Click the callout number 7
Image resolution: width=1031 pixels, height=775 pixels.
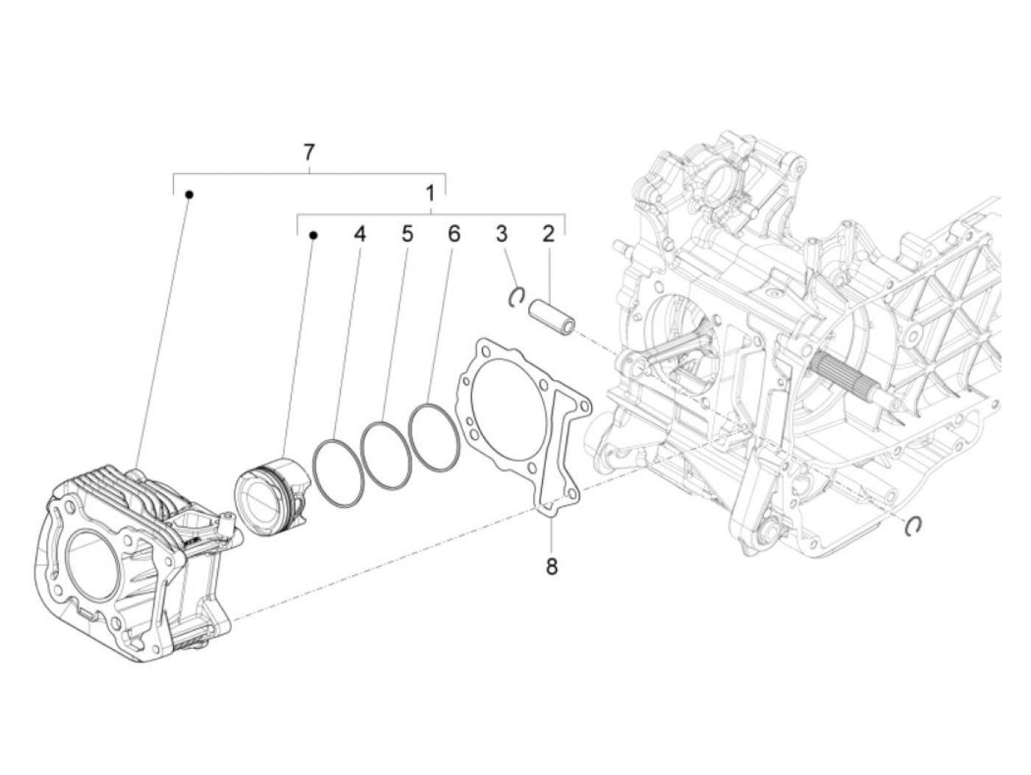click(x=309, y=152)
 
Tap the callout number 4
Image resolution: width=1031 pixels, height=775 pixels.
click(x=359, y=234)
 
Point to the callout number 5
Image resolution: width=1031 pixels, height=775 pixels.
click(x=407, y=234)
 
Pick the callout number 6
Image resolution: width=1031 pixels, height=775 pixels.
click(x=454, y=234)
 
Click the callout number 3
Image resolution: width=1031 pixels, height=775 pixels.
click(x=502, y=234)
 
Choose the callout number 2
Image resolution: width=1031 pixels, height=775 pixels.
click(x=548, y=234)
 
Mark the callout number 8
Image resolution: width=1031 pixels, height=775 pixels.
click(x=552, y=567)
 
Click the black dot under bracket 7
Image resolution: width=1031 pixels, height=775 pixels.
click(x=189, y=194)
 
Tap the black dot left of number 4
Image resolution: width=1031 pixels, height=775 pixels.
click(x=313, y=235)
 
